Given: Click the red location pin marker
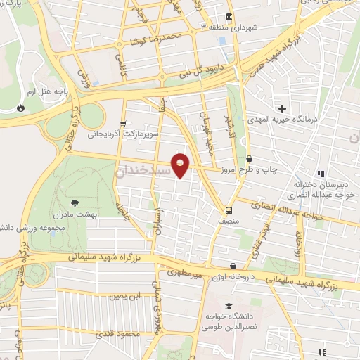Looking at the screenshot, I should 181,166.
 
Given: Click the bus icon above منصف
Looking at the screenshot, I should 229,210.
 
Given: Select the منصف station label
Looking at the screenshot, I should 229,220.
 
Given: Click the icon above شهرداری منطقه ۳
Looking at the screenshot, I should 229,16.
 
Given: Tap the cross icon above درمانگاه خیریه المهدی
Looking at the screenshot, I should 283,108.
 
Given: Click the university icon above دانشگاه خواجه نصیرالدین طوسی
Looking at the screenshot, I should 229,307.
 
